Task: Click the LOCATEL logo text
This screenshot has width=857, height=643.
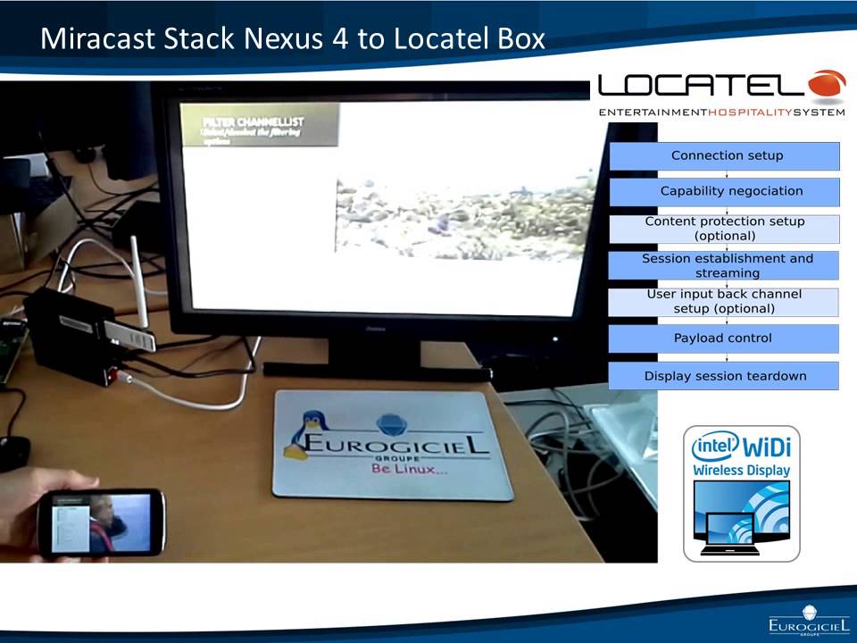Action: [x=701, y=86]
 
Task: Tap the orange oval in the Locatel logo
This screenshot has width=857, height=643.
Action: [x=826, y=85]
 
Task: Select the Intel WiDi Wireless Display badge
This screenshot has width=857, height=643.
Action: [x=741, y=493]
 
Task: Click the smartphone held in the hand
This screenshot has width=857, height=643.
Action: [x=105, y=522]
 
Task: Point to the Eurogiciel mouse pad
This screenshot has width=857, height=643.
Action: [x=393, y=444]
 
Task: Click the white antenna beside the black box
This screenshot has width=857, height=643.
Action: [x=137, y=277]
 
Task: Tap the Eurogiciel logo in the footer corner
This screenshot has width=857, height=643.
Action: [x=808, y=620]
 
